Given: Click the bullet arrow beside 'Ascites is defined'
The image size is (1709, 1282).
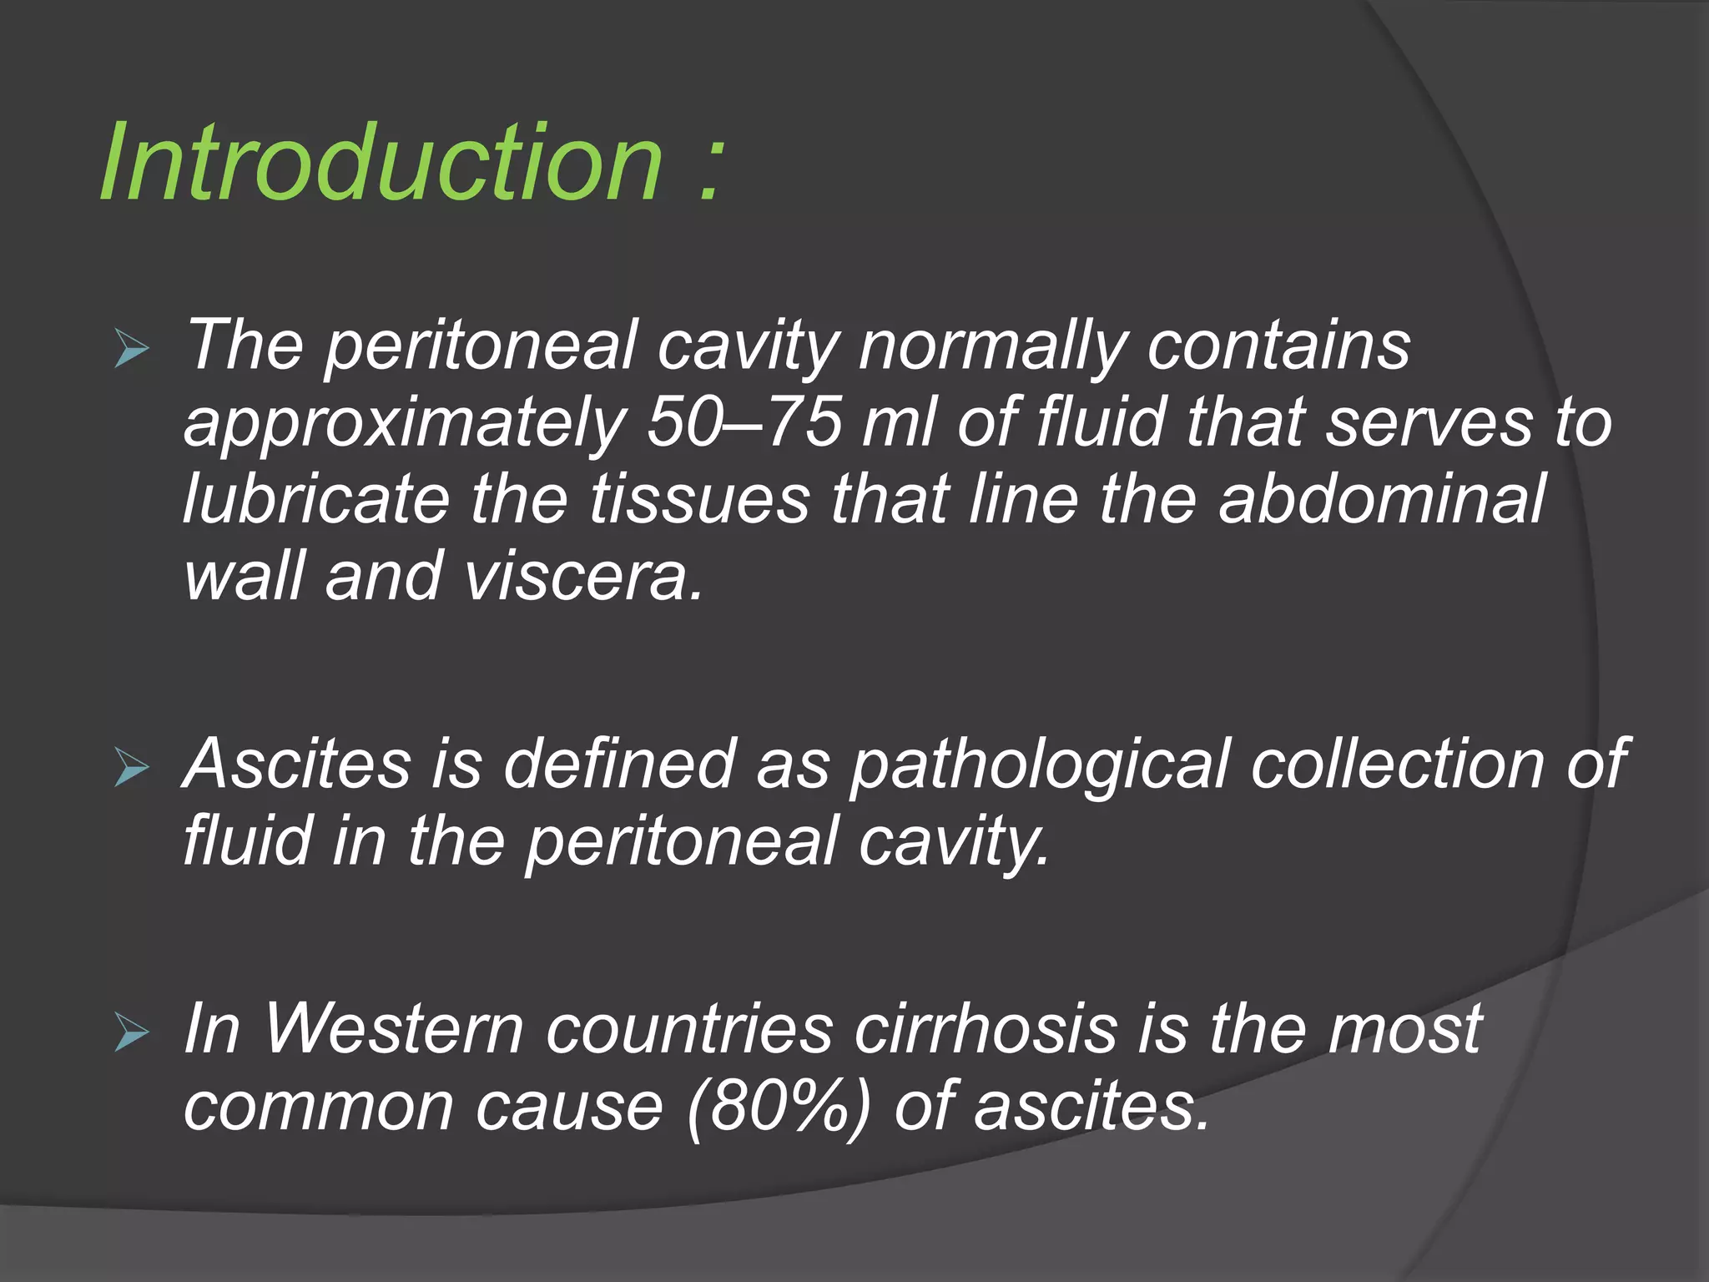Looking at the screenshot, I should [132, 767].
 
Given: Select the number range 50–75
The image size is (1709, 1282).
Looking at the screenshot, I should [744, 422].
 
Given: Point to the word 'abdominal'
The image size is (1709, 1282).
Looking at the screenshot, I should [1382, 499].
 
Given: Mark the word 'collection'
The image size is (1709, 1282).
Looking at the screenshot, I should [1397, 765].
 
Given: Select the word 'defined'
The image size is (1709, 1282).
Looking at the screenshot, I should [618, 765].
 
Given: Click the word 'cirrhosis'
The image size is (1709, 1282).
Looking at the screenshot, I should [986, 1029].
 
